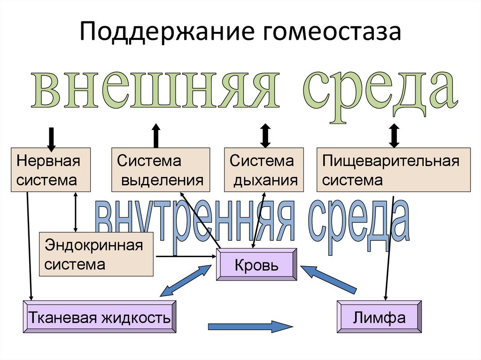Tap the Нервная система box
pos(51,170)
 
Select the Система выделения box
pos(161,170)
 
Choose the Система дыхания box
pos(264,170)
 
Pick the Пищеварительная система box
pos(393,170)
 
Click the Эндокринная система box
pos(96,254)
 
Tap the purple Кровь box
pos(256,265)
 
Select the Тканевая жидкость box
pos(100,317)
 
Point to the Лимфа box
pos(379,317)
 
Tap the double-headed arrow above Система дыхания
pos(265,136)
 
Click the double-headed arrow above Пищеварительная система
pos(394,136)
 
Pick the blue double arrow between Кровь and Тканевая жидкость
pos(186,281)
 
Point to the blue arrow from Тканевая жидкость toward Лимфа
pos(249,326)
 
